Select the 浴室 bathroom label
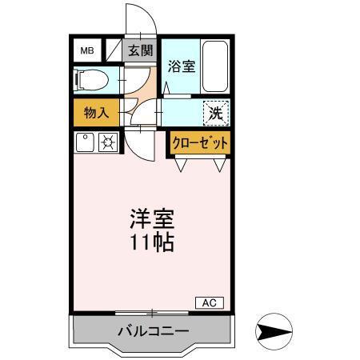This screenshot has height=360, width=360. click(x=181, y=67)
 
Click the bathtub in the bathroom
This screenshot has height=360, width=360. click(x=215, y=66)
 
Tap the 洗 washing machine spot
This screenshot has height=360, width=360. click(x=215, y=113)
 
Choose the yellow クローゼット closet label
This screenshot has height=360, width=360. click(x=198, y=143)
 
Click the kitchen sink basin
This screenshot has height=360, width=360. click(x=85, y=143)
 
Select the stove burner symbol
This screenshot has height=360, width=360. click(x=108, y=143)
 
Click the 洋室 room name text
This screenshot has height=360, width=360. click(x=152, y=218)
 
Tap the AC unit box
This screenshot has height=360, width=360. click(x=210, y=302)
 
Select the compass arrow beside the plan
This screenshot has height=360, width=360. click(x=272, y=330)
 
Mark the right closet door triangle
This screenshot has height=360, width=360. click(x=218, y=165)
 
